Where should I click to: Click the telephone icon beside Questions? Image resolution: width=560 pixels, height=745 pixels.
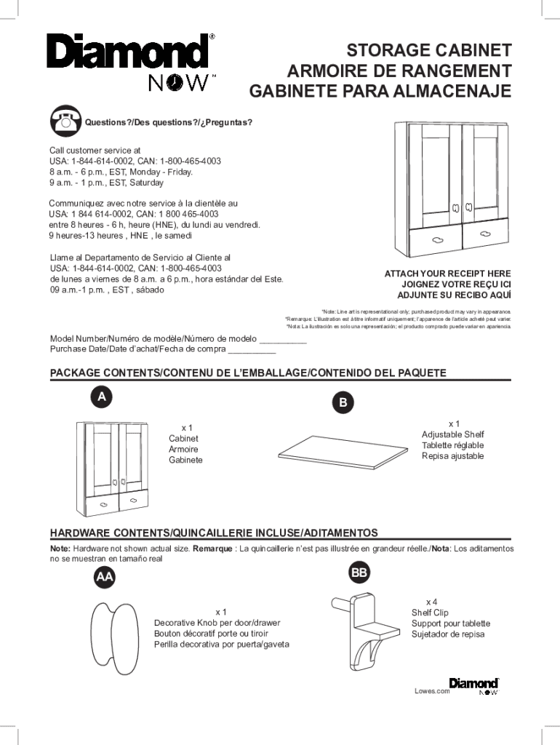[65, 121]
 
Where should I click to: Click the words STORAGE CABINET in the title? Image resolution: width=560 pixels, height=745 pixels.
[429, 51]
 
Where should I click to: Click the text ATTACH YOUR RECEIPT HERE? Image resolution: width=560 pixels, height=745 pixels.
[447, 274]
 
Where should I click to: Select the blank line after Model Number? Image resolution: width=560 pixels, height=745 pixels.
[283, 340]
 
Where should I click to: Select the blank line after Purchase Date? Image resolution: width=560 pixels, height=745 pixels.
[252, 351]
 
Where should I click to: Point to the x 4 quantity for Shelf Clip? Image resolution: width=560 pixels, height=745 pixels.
[431, 602]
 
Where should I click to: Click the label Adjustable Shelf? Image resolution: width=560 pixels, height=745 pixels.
[452, 434]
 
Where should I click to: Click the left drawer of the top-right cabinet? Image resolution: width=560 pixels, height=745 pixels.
[435, 239]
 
